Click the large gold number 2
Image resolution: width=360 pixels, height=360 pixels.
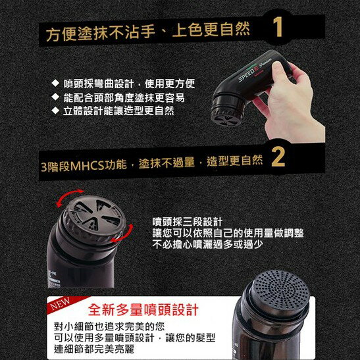coord(278,158)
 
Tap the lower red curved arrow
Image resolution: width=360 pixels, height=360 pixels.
coord(117,236)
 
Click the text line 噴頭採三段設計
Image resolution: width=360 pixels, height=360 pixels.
coord(188,220)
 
